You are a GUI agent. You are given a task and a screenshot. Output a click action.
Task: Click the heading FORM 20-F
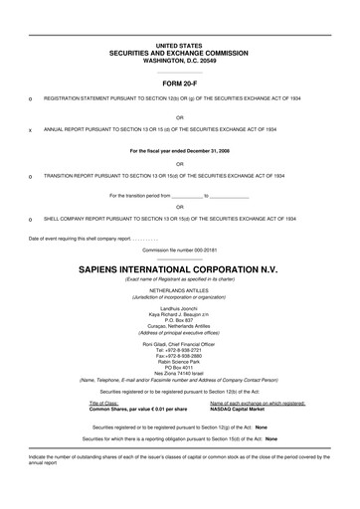179,85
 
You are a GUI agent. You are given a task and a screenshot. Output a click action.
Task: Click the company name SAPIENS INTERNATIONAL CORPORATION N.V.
179,242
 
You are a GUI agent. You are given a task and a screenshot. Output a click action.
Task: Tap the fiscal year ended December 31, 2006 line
179,151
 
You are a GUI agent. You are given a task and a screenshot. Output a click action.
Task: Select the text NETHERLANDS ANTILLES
179,262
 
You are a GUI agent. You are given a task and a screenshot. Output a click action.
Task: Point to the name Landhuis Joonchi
179,283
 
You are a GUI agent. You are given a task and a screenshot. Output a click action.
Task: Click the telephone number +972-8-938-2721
179,323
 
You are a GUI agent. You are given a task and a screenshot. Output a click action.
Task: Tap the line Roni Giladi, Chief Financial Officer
179,317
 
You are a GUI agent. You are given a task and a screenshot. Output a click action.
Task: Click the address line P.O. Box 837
179,294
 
